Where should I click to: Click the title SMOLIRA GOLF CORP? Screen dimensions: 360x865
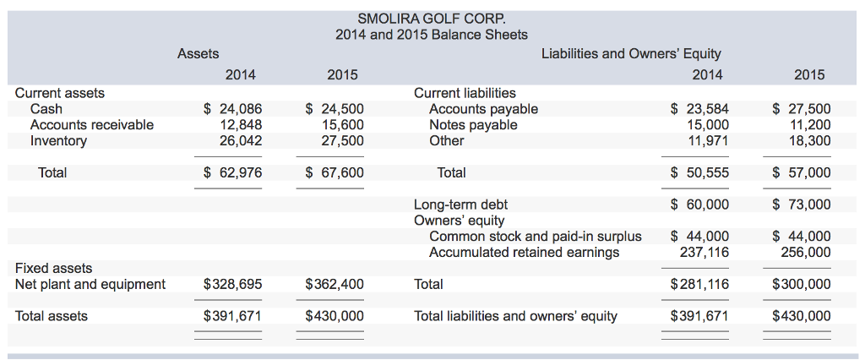[x=431, y=17]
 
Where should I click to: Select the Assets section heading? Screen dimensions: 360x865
[x=199, y=53]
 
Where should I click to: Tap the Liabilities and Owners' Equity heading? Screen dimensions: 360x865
[x=631, y=53]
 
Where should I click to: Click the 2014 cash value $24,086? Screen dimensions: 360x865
[x=233, y=108]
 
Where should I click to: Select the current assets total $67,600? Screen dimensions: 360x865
[x=335, y=172]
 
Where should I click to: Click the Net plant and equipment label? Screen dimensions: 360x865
[x=90, y=284]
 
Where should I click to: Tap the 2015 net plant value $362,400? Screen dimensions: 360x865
[x=335, y=284]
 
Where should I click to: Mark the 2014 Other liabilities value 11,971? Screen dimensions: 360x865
[x=708, y=140]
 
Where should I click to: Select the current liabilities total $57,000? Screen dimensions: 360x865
[x=802, y=172]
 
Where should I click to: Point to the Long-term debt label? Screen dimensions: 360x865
[x=460, y=205]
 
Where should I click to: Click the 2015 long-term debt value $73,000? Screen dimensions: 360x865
[x=802, y=205]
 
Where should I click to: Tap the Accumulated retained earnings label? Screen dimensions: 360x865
[x=524, y=252]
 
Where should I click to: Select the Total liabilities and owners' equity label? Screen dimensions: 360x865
[x=515, y=316]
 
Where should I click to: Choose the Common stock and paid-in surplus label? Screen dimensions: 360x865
[x=535, y=237]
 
